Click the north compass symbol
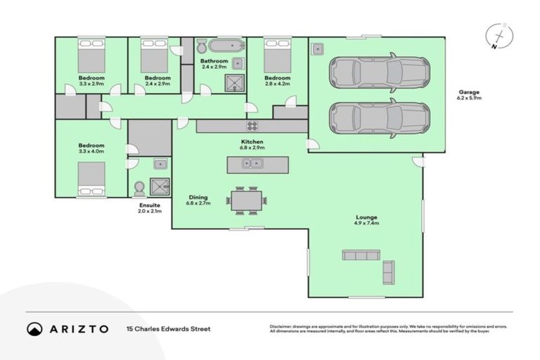(499, 37)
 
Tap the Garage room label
(470, 92)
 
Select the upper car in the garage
(379, 71)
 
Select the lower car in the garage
(379, 117)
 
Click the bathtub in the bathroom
(226, 46)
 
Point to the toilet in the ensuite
(139, 188)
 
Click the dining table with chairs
(246, 200)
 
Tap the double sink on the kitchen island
(252, 164)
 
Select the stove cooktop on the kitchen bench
(252, 126)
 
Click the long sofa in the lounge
(361, 255)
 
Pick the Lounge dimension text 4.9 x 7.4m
(366, 224)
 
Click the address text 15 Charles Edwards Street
(168, 328)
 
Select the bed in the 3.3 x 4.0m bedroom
(91, 179)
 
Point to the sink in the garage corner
(318, 49)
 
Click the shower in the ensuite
(160, 186)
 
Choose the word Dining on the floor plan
(197, 197)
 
